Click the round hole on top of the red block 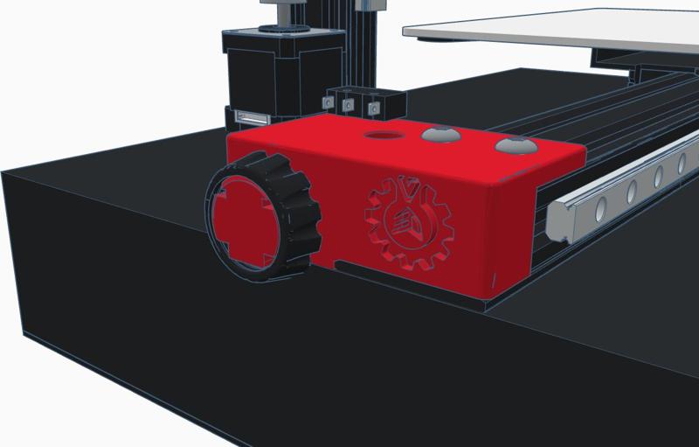coord(382,136)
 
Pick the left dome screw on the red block coord(441,135)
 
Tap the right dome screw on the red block coord(516,144)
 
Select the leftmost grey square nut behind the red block coord(329,101)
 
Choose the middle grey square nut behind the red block coord(349,105)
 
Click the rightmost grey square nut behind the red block coord(375,108)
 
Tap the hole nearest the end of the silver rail coord(600,208)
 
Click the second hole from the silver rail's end coord(631,190)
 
